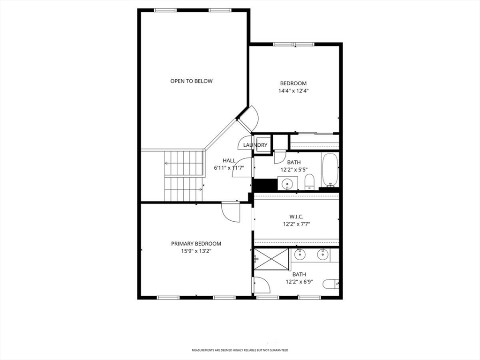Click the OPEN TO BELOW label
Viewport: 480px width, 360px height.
(x=191, y=81)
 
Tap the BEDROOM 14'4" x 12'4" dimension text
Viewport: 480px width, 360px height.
(x=293, y=91)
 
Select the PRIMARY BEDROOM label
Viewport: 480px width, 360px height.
(x=196, y=244)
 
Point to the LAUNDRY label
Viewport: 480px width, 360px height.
(x=255, y=145)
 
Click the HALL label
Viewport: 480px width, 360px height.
(x=229, y=160)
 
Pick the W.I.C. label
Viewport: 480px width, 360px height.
(x=296, y=217)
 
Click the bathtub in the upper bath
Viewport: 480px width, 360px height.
(x=330, y=170)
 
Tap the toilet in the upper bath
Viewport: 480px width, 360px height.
(x=309, y=182)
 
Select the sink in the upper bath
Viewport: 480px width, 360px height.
(x=287, y=183)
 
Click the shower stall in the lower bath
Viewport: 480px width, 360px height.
(x=271, y=259)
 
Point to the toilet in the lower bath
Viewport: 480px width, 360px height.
(x=331, y=284)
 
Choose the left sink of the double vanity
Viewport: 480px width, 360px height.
(x=300, y=254)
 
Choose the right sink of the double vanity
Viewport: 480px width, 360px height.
(x=322, y=254)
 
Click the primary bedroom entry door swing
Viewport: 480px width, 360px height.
(x=230, y=212)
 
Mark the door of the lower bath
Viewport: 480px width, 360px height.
(x=261, y=285)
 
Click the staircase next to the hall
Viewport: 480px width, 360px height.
(x=184, y=176)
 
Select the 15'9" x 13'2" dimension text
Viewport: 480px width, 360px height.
(x=196, y=251)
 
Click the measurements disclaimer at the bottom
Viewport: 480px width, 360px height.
(x=240, y=350)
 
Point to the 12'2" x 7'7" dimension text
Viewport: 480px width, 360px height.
(x=296, y=224)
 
